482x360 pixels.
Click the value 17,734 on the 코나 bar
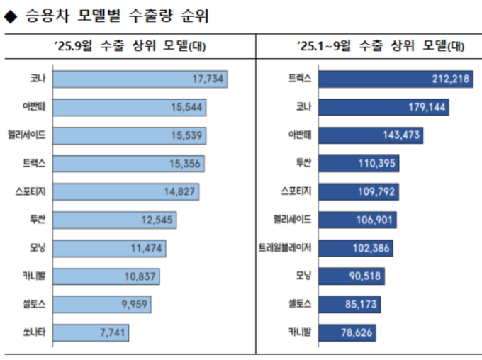pos(208,79)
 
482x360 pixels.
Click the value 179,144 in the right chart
pos(425,108)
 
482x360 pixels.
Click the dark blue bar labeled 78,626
pos(347,332)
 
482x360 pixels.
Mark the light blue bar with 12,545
pos(114,220)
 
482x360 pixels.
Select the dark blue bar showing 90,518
pos(351,276)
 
